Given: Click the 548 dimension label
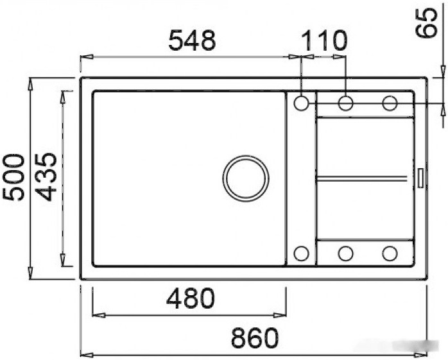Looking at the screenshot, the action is pos(192,40).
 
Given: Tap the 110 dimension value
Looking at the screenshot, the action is pos(323,40).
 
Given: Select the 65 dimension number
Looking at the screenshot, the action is pos(426,22).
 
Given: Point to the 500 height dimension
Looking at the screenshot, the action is pos(13,177).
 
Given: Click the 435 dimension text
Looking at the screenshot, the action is pos(47,177).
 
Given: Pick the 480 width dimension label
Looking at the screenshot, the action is pos(190,298).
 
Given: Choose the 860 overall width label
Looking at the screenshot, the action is pos(255,338).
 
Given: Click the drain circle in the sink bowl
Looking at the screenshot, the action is pos(245,178).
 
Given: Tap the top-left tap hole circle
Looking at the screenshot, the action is pos(302,103).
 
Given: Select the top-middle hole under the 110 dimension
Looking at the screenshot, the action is pos(345,103).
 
